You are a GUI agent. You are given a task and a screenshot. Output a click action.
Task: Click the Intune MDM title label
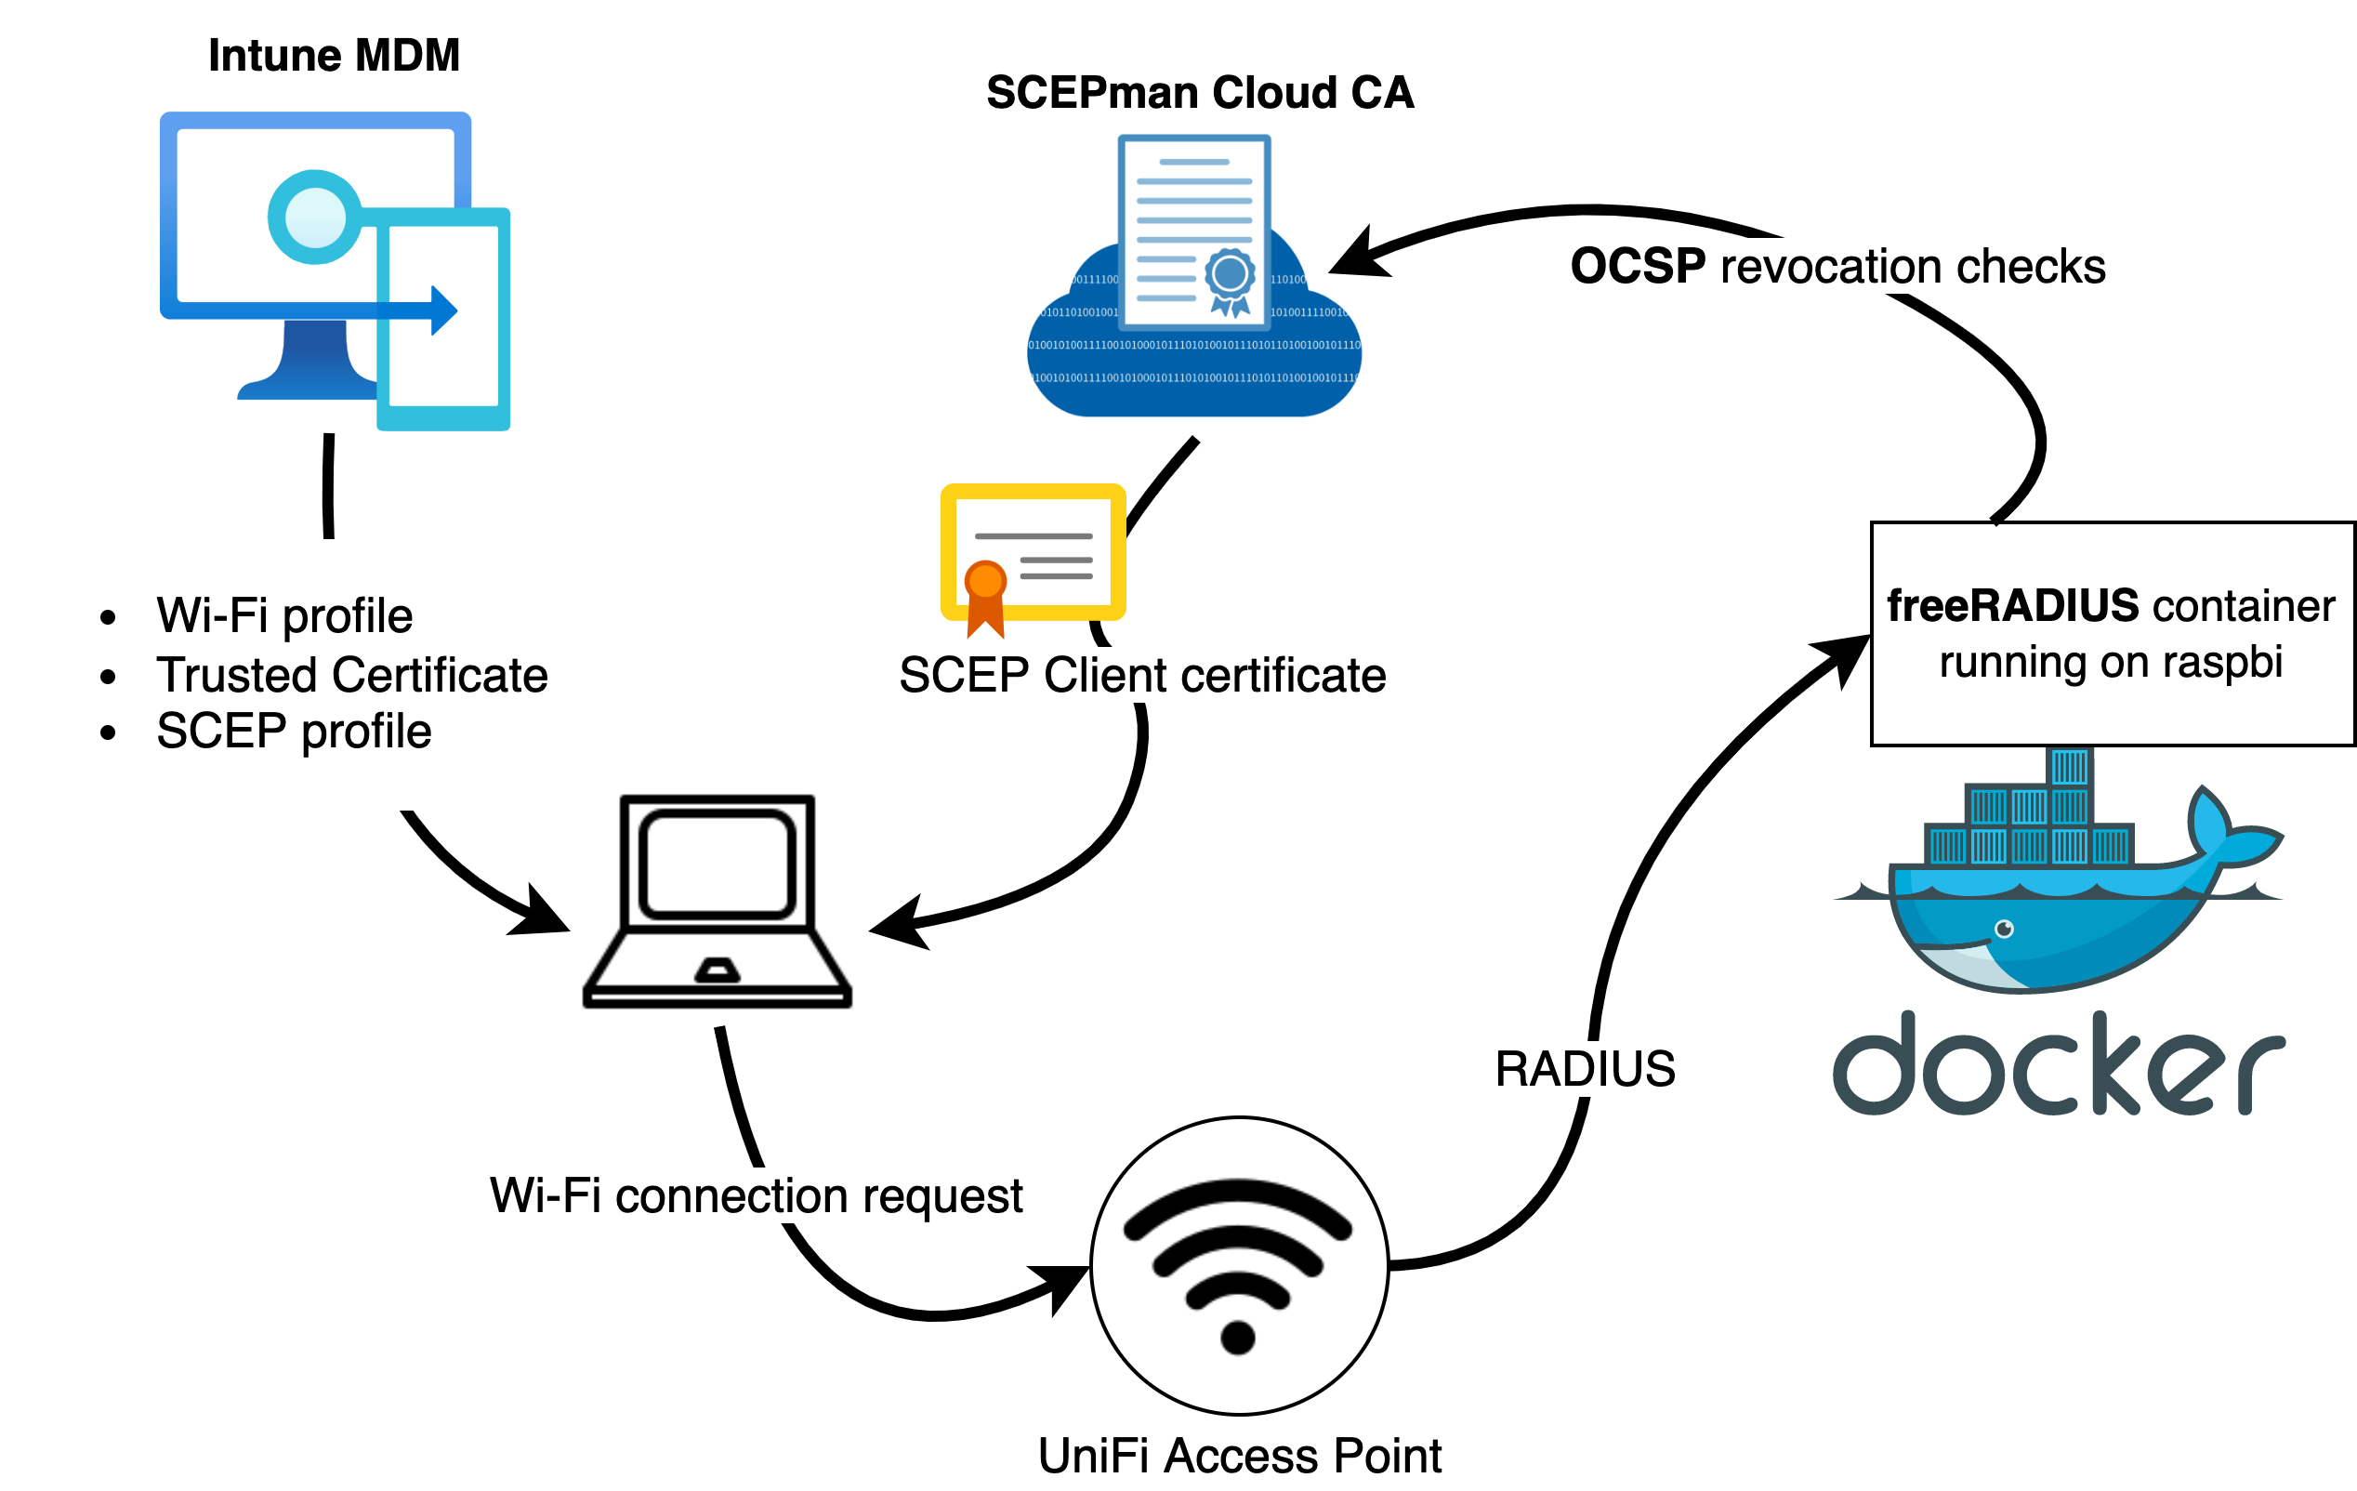(334, 56)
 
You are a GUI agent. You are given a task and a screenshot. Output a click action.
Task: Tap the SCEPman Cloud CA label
(1200, 93)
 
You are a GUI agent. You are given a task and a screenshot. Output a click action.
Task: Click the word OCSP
(1638, 266)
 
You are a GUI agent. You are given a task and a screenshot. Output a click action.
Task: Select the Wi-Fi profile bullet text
(283, 615)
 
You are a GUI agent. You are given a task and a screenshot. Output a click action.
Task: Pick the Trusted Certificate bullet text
(351, 675)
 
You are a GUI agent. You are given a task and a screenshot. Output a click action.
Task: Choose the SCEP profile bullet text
(294, 732)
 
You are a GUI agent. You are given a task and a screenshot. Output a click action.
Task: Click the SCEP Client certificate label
(1142, 675)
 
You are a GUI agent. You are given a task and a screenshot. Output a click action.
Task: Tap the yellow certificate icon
(1034, 553)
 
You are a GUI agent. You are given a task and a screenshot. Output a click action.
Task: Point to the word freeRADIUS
(2012, 606)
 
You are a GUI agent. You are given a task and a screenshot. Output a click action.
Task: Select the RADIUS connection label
(1585, 1068)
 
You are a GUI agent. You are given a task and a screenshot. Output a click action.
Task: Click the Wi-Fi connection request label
(756, 1195)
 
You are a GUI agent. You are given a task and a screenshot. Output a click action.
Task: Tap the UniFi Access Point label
(1239, 1456)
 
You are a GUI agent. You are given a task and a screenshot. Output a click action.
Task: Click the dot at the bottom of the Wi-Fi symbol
(1238, 1337)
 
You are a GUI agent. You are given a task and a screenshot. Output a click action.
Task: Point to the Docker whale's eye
(2005, 928)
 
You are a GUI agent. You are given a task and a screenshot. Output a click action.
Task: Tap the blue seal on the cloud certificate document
(1231, 275)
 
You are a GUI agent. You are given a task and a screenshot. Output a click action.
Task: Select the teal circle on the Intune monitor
(314, 218)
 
